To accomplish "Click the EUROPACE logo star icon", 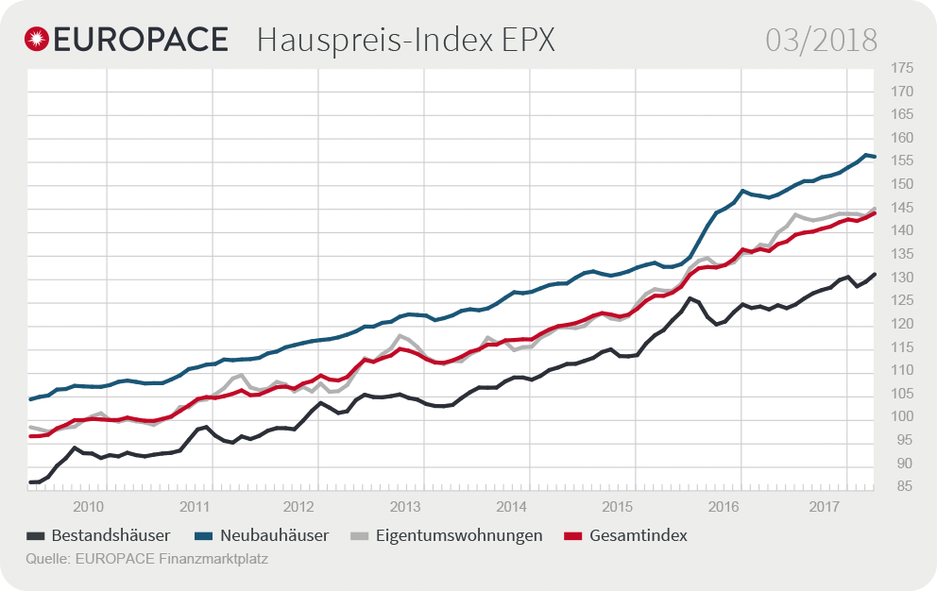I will (x=38, y=39).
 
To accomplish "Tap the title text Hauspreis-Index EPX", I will (x=405, y=40).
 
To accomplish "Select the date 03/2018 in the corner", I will (x=821, y=40).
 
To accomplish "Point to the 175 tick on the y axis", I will (x=900, y=68).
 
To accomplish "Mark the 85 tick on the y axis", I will (x=900, y=487).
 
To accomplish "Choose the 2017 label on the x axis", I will (x=826, y=506).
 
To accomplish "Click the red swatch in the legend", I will (x=572, y=536).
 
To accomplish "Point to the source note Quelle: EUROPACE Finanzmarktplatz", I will (x=147, y=559).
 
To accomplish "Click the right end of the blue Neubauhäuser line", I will (x=875, y=157).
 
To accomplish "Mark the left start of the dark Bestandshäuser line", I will (x=31, y=482).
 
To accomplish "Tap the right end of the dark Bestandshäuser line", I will (x=875, y=275).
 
